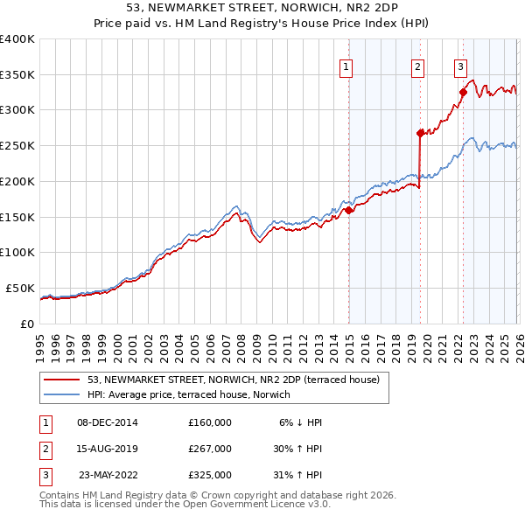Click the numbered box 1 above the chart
[x=346, y=66]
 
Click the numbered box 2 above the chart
[x=418, y=66]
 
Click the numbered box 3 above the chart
[x=460, y=66]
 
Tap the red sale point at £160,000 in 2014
[x=348, y=210]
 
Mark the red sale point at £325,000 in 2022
[x=464, y=92]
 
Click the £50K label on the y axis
[x=20, y=288]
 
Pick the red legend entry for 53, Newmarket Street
[x=233, y=380]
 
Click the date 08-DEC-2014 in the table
[x=107, y=422]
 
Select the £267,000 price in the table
[x=210, y=449]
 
